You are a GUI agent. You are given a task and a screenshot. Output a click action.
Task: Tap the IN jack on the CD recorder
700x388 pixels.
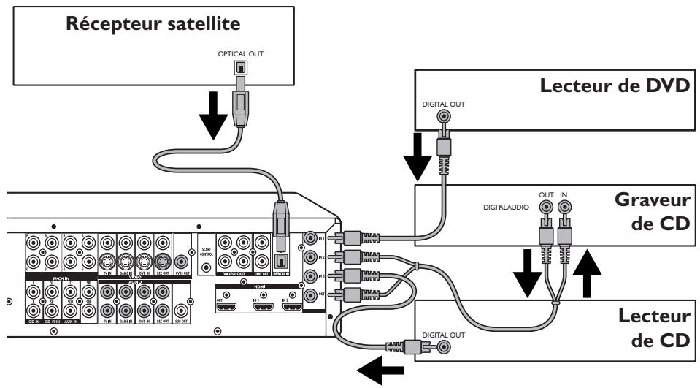(x=564, y=208)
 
